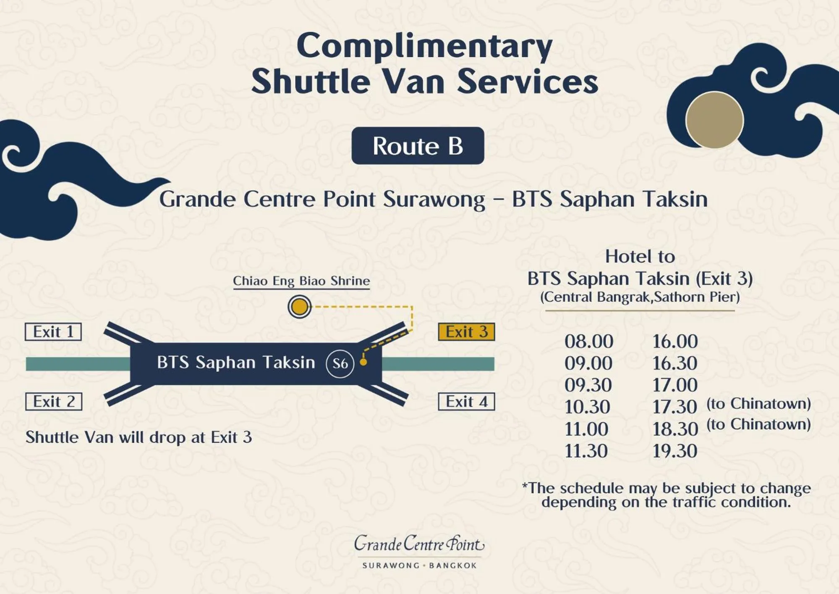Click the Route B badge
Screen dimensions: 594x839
(418, 146)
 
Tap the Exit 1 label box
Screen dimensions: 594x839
(53, 331)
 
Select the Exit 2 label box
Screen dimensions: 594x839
(54, 402)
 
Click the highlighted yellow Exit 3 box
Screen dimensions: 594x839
(466, 331)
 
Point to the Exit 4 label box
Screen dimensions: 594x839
(466, 402)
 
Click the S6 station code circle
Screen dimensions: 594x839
(340, 363)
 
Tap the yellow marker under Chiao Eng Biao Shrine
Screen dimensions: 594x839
(299, 306)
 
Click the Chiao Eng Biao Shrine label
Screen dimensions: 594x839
(301, 281)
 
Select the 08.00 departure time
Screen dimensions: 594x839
(588, 342)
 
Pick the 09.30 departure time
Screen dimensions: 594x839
(588, 385)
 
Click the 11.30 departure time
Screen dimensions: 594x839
(586, 451)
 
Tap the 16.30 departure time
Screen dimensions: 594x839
(674, 363)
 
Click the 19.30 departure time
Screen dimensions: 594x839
(674, 451)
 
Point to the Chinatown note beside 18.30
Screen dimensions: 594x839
(758, 424)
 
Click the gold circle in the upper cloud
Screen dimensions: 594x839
(714, 120)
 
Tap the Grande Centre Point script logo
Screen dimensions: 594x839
(419, 544)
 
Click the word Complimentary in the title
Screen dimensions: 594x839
(424, 46)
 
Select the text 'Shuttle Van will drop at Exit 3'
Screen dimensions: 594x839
(139, 437)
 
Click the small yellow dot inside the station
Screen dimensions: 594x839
(363, 362)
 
